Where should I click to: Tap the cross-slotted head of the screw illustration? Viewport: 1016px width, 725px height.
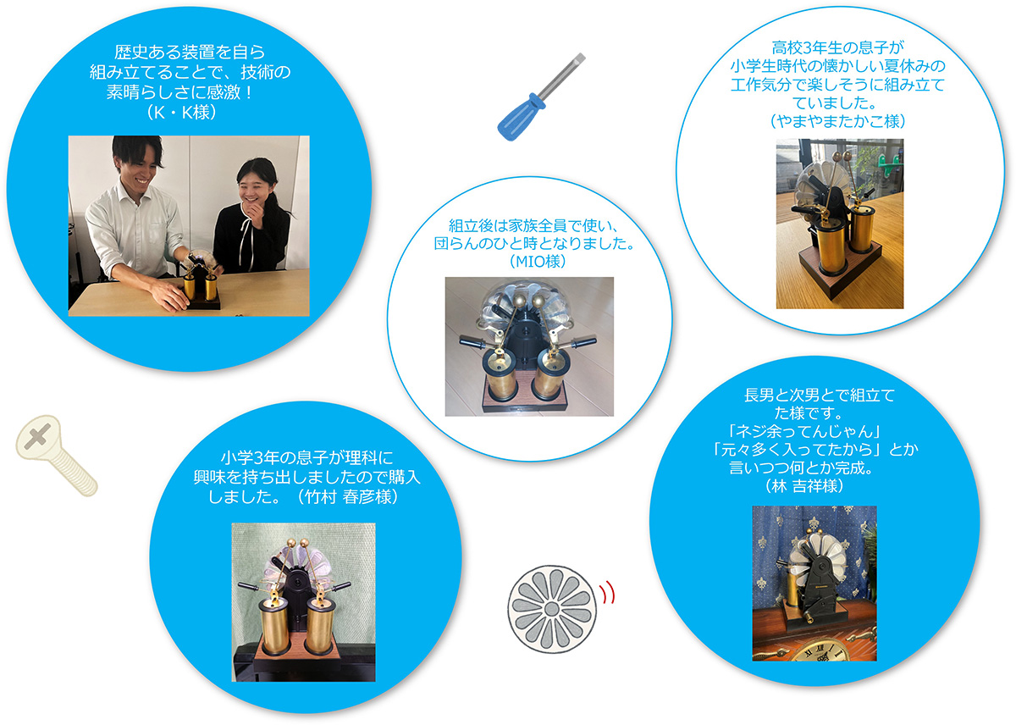[x=38, y=437]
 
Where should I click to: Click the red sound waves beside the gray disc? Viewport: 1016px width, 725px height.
[x=608, y=593]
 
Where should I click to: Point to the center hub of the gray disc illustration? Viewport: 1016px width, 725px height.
[x=551, y=609]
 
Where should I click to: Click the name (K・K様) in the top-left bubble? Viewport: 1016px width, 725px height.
[x=181, y=112]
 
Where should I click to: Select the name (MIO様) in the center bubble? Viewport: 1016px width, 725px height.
[x=538, y=262]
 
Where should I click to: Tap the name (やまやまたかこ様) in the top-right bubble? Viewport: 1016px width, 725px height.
[x=838, y=121]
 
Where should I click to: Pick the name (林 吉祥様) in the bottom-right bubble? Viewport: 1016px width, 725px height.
[x=804, y=486]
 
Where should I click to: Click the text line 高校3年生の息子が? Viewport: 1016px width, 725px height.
[x=837, y=47]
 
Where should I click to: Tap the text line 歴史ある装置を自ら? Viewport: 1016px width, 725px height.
[x=190, y=52]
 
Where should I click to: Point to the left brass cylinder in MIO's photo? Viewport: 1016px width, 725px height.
[x=499, y=376]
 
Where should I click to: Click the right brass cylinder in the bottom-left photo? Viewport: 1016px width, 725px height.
[x=320, y=627]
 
